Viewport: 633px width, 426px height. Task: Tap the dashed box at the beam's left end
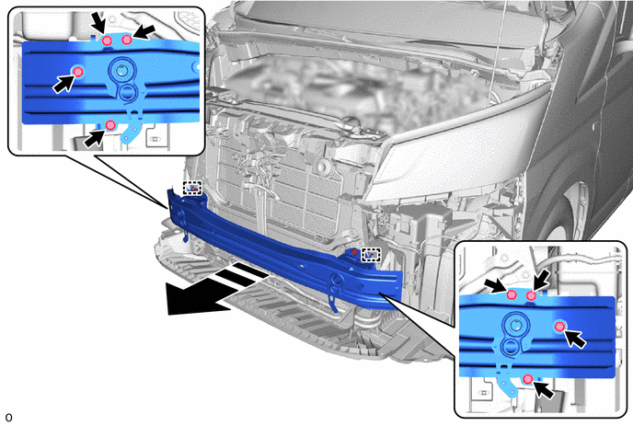[x=192, y=188]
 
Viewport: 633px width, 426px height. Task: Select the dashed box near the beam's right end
[x=371, y=255]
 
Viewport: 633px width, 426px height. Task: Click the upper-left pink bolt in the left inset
[x=107, y=40]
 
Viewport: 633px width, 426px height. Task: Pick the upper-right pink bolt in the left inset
[x=127, y=40]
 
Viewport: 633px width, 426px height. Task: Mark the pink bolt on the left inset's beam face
[x=78, y=72]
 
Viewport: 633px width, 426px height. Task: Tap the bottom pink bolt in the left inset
[x=110, y=125]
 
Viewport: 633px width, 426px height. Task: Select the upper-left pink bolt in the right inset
[x=512, y=294]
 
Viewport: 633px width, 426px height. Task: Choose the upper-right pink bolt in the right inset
[x=531, y=296]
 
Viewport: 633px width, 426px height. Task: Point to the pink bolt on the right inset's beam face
[x=560, y=327]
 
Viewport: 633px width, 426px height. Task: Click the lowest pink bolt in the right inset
[x=527, y=379]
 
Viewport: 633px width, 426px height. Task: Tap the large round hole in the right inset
[x=515, y=325]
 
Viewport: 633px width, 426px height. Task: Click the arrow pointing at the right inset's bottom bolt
[x=544, y=390]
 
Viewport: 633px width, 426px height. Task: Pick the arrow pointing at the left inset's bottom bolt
[x=94, y=138]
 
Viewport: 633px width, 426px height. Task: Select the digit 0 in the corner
[x=8, y=418]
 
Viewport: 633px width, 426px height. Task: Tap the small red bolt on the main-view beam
[x=354, y=251]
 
